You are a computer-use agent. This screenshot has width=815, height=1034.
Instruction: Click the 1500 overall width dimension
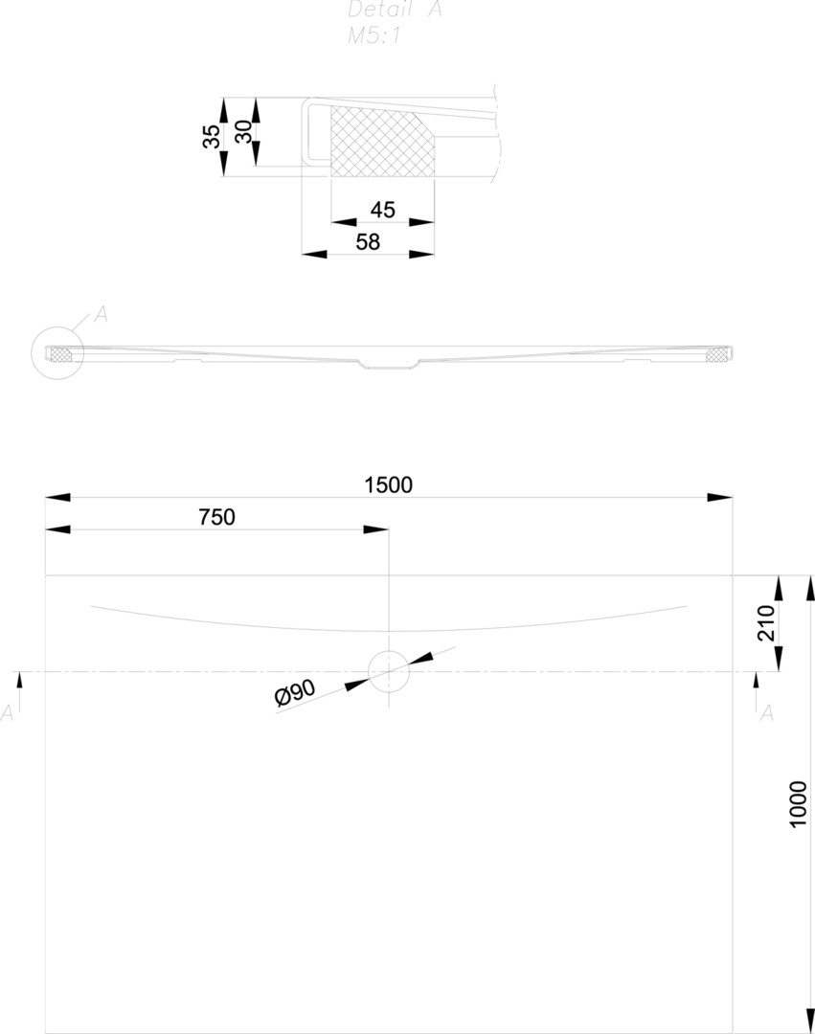point(388,484)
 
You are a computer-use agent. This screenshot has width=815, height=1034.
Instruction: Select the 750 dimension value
point(216,517)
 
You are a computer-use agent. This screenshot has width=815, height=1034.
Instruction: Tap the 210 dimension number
point(792,623)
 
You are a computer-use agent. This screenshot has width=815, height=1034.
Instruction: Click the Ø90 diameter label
point(295,694)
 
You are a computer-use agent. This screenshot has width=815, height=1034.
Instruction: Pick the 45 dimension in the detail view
point(382,210)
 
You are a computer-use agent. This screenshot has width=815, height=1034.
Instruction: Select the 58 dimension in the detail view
point(368,242)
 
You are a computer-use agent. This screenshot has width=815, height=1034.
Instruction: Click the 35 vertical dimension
point(212,136)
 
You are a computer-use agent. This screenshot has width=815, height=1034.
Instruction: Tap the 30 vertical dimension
point(244,132)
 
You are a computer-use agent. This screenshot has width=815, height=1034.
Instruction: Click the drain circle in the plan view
point(389,671)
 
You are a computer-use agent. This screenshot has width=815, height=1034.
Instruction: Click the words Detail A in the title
point(394,11)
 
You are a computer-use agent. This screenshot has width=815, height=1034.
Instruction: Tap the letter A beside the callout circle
point(101,314)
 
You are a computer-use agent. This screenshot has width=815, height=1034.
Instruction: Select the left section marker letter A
point(9,712)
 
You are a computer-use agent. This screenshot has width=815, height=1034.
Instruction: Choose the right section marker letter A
point(766,712)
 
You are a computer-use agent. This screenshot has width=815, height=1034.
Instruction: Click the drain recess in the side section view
point(388,363)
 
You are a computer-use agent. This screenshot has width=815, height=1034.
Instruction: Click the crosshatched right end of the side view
point(716,354)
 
